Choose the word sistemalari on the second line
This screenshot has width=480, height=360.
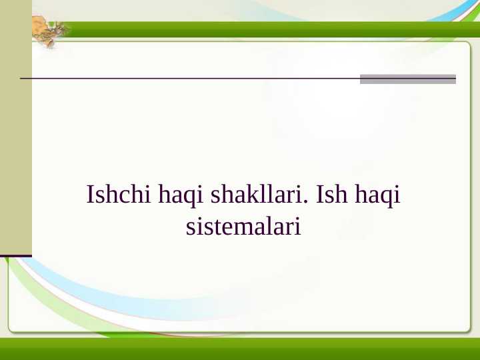pos(243,227)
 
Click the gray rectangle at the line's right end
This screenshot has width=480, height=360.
pos(407,79)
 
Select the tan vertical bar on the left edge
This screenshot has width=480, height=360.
pos(15,127)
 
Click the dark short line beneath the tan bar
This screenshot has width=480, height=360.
pos(15,255)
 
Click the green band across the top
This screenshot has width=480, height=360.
pos(267,29)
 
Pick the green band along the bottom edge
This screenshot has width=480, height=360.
pos(240,349)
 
